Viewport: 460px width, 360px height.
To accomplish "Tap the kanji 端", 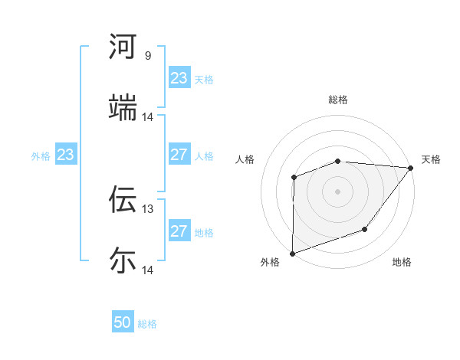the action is (123, 108).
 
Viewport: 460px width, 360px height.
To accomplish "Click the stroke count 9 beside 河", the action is (147, 56).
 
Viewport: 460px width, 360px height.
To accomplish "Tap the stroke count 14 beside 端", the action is (148, 117).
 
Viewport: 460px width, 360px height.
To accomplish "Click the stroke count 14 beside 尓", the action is (148, 270).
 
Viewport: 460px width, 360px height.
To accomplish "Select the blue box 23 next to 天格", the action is (179, 78).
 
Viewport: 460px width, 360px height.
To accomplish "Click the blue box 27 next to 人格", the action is (179, 155).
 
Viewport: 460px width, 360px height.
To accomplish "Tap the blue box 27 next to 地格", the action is (179, 231).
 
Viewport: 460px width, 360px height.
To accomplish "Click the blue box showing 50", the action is (123, 322).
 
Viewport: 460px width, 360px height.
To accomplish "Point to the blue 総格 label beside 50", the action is (147, 324).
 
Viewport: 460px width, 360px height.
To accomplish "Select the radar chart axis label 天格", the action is (431, 159).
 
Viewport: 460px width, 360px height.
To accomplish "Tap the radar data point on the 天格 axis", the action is (411, 168).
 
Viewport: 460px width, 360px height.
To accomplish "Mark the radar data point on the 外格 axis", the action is (293, 253).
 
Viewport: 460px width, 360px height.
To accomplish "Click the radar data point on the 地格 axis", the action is (366, 229).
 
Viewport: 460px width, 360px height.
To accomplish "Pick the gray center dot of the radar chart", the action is (338, 191).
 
